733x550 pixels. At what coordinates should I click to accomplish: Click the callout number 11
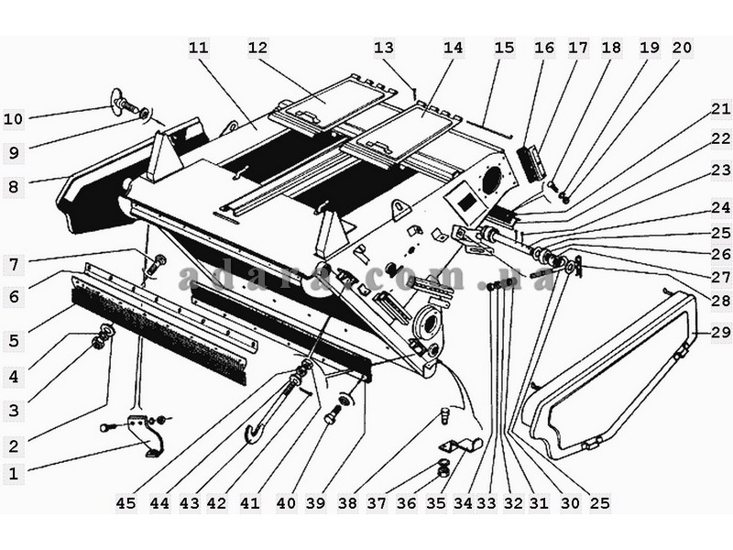pyautogui.click(x=198, y=48)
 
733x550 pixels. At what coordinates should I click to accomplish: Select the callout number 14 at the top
pyautogui.click(x=453, y=48)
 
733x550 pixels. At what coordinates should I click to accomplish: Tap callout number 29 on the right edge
pyautogui.click(x=721, y=332)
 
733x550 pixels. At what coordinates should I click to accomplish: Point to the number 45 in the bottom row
pyautogui.click(x=126, y=503)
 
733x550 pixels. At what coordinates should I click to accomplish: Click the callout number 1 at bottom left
pyautogui.click(x=13, y=473)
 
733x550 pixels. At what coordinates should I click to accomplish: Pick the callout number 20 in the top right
pyautogui.click(x=682, y=48)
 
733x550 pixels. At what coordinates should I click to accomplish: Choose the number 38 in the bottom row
pyautogui.click(x=348, y=503)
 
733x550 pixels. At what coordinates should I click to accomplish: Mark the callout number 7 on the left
pyautogui.click(x=14, y=265)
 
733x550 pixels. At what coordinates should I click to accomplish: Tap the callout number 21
pyautogui.click(x=721, y=109)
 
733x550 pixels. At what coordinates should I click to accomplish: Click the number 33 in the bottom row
pyautogui.click(x=487, y=503)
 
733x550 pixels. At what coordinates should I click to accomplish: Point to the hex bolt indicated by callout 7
pyautogui.click(x=156, y=265)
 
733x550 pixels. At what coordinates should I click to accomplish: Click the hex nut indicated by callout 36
pyautogui.click(x=443, y=472)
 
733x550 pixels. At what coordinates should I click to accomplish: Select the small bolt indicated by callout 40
pyautogui.click(x=332, y=415)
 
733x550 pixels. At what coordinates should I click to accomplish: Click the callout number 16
pyautogui.click(x=544, y=48)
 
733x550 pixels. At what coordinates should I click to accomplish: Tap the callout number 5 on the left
pyautogui.click(x=14, y=340)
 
